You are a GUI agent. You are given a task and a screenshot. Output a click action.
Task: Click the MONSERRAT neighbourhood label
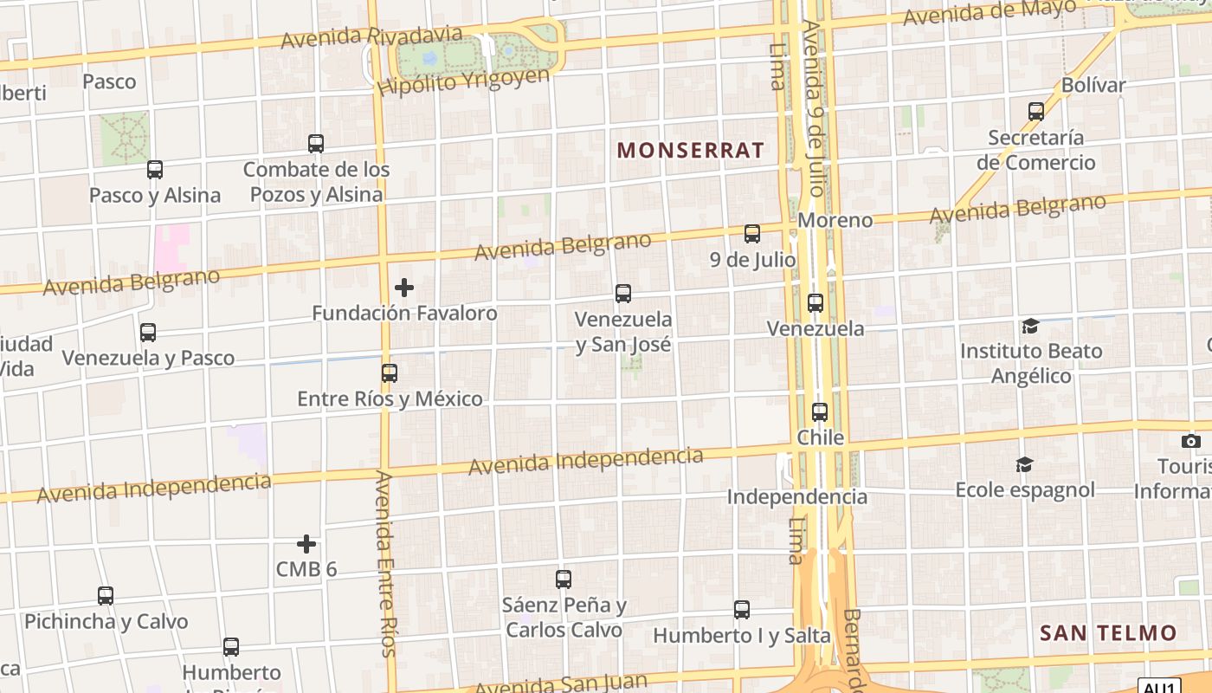(690, 150)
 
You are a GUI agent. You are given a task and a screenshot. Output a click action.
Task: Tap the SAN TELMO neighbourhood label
(1108, 632)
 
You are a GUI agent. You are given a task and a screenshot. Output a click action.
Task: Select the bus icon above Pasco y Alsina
(155, 170)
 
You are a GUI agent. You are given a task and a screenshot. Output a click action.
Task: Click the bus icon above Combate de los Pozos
(316, 144)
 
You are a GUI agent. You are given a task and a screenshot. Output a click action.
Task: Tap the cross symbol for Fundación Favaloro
(404, 288)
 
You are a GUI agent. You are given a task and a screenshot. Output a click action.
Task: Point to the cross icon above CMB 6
(306, 544)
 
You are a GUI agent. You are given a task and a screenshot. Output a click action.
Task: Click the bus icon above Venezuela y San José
(623, 294)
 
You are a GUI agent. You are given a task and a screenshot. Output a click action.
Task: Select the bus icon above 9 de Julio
(752, 234)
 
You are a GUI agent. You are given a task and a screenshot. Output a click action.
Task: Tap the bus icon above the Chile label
(820, 412)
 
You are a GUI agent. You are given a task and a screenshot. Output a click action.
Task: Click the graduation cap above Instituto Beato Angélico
(1030, 326)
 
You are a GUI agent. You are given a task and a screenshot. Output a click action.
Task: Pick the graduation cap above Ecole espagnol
(1024, 465)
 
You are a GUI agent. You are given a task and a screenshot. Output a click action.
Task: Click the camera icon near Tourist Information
(1191, 442)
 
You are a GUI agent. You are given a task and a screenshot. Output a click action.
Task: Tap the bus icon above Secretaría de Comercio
(1036, 112)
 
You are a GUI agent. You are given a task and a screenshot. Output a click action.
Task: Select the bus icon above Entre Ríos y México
(390, 373)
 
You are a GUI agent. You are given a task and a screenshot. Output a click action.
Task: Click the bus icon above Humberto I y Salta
(742, 610)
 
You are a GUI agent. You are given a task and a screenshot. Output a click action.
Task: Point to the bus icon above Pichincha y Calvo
(106, 596)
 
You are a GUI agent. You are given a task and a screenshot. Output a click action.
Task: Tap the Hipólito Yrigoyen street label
(464, 81)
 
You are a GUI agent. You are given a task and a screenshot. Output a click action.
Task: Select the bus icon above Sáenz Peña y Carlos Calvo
(564, 580)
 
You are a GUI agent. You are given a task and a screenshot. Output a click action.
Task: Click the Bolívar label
(1093, 85)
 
